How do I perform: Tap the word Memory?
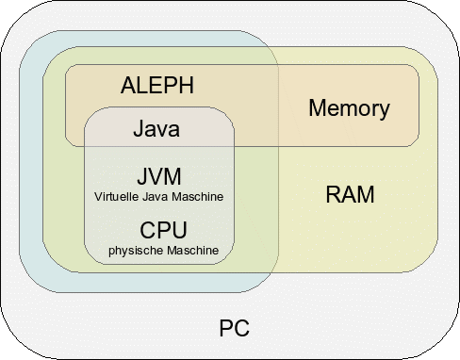349,108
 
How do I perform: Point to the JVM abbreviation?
158,177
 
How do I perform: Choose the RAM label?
350,196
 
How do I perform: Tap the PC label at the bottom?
235,329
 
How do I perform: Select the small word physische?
133,250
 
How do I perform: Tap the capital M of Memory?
318,108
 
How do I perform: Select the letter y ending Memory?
383,110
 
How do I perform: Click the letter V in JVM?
156,177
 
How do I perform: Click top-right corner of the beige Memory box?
418,66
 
